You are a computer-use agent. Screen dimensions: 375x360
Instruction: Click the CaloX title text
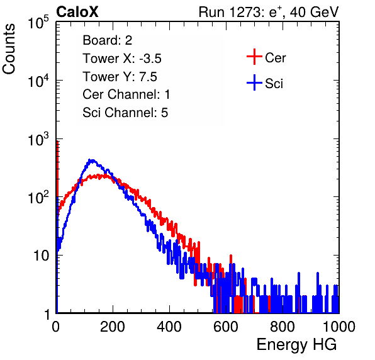pyautogui.click(x=77, y=12)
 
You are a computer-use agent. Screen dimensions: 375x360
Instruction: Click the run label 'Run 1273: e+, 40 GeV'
pyautogui.click(x=269, y=12)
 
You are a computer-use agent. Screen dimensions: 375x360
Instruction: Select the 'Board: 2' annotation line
pyautogui.click(x=108, y=40)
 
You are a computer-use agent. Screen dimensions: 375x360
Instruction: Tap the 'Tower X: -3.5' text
pyautogui.click(x=122, y=59)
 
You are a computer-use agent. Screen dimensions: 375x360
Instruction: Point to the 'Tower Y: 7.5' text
pyautogui.click(x=120, y=77)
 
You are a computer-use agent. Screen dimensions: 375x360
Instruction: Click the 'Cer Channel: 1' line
pyautogui.click(x=126, y=94)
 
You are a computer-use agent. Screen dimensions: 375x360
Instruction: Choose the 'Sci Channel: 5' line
pyautogui.click(x=125, y=113)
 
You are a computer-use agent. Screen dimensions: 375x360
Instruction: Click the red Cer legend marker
pyautogui.click(x=254, y=57)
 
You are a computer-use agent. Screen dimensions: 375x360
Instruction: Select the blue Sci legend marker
pyautogui.click(x=254, y=82)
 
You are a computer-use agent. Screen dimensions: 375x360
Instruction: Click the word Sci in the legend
pyautogui.click(x=274, y=84)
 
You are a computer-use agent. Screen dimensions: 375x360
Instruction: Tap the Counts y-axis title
pyautogui.click(x=9, y=48)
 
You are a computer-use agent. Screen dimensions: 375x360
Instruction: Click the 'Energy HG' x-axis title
pyautogui.click(x=296, y=345)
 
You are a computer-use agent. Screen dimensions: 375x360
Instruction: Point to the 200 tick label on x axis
pyautogui.click(x=113, y=327)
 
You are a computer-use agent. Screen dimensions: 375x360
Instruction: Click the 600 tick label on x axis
pyautogui.click(x=226, y=327)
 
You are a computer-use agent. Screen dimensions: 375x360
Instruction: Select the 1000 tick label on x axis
pyautogui.click(x=339, y=327)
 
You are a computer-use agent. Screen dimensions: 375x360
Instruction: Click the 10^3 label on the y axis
pyautogui.click(x=38, y=139)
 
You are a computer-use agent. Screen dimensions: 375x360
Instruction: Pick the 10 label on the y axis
pyautogui.click(x=41, y=256)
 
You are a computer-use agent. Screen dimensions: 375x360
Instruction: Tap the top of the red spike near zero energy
pyautogui.click(x=57, y=142)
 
